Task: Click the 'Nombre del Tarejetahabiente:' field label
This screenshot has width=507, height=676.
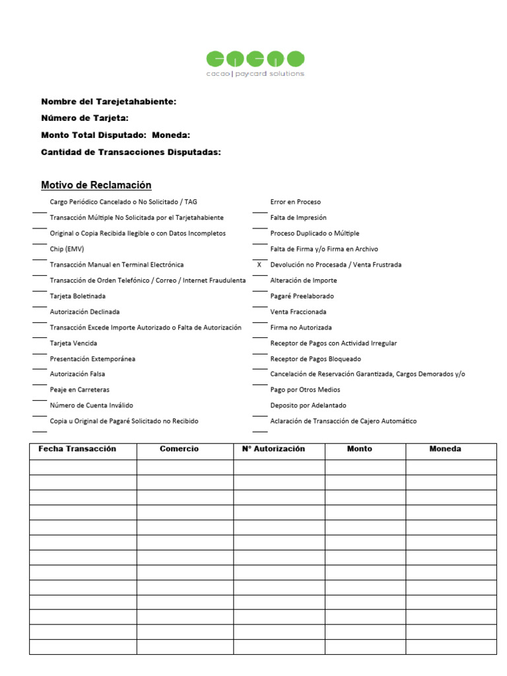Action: point(109,102)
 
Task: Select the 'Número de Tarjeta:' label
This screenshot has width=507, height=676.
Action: point(84,118)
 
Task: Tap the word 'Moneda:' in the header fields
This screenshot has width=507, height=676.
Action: point(171,135)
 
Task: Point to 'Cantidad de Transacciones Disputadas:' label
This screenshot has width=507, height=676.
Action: point(131,152)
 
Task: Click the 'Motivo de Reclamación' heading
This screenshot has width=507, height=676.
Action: point(96,186)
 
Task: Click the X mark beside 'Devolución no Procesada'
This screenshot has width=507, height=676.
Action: point(259,265)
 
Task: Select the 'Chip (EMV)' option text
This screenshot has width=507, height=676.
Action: point(67,249)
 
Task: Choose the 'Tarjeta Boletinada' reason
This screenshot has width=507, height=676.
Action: point(78,296)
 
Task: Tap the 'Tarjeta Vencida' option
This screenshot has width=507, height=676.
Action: point(73,343)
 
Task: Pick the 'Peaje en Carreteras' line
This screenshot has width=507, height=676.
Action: point(80,390)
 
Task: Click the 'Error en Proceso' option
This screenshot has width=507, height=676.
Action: point(296,202)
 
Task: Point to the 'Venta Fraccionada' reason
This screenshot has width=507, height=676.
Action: point(298,312)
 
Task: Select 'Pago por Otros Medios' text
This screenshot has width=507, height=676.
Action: point(305,390)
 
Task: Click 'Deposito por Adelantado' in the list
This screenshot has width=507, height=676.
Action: point(308,405)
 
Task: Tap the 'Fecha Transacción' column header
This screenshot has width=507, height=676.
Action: point(77,449)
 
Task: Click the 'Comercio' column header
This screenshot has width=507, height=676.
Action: point(179,449)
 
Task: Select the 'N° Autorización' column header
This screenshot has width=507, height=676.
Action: point(273,449)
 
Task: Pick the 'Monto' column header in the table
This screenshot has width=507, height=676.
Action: point(360,449)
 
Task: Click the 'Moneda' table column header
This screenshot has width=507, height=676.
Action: point(445,449)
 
